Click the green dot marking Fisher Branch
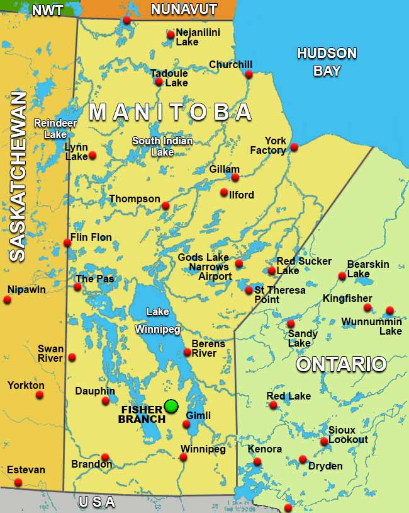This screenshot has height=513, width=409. pos(171,406)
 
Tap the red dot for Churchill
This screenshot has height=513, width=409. pos(249,74)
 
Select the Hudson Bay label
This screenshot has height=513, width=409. pos(327,62)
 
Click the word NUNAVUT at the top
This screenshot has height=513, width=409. pos(184,9)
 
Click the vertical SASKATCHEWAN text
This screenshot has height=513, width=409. pos(18,176)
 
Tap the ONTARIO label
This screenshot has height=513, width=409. pos(341,364)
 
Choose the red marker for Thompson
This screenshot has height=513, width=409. pos(165,205)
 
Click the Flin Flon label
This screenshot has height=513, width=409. pos(91,238)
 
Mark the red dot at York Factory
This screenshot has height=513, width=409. pos(294,147)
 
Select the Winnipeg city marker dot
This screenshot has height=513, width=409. pos(183,457)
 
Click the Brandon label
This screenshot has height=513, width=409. pos(91,464)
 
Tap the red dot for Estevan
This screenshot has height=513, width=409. pos(18,482)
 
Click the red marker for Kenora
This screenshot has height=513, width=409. pos(257,462)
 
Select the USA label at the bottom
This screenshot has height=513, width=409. pos(97,502)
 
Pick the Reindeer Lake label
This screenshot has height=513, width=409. pos(50,129)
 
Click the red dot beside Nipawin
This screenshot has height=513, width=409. pos(8,300)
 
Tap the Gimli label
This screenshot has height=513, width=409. pos(198,415)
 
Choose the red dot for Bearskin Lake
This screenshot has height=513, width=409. pos(342,275)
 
